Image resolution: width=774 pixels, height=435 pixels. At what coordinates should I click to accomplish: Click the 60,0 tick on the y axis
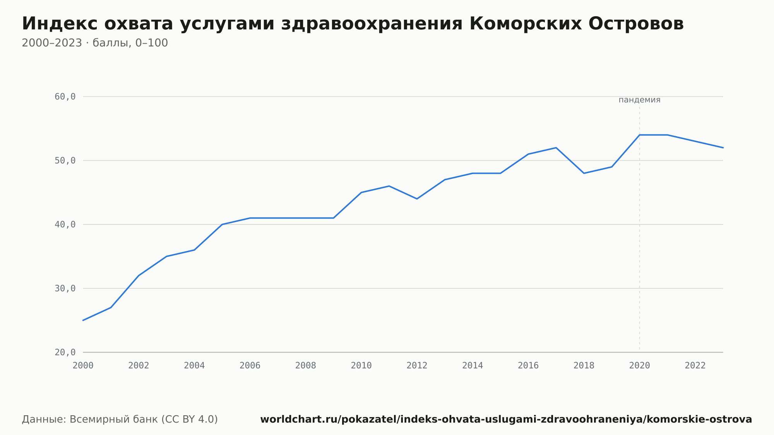pyautogui.click(x=65, y=97)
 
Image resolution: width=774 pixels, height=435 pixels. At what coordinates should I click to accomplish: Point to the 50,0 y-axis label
pyautogui.click(x=65, y=161)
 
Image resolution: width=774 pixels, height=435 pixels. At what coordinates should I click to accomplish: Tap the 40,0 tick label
pyautogui.click(x=65, y=224)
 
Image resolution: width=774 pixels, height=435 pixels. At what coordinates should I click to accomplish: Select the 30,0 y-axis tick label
pyautogui.click(x=65, y=288)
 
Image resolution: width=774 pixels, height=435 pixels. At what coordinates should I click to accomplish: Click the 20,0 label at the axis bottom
pyautogui.click(x=65, y=352)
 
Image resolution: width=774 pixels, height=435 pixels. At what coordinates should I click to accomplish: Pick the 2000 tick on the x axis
pyautogui.click(x=83, y=366)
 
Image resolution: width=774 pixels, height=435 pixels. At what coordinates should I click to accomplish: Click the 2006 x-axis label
pyautogui.click(x=250, y=366)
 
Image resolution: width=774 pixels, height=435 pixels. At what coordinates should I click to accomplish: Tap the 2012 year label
pyautogui.click(x=417, y=366)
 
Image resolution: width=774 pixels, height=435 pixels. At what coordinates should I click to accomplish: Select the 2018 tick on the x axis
pyautogui.click(x=584, y=366)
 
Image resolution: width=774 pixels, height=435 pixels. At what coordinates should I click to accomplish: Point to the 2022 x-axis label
pyautogui.click(x=695, y=366)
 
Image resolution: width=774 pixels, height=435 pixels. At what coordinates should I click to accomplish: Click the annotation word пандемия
pyautogui.click(x=639, y=100)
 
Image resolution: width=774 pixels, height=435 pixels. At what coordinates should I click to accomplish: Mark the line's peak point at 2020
pyautogui.click(x=640, y=135)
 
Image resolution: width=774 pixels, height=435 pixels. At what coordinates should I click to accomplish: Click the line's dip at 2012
pyautogui.click(x=417, y=199)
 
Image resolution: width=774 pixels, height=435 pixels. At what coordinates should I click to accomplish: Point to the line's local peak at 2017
pyautogui.click(x=556, y=147)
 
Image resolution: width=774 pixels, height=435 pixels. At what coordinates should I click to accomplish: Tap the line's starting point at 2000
pyautogui.click(x=83, y=320)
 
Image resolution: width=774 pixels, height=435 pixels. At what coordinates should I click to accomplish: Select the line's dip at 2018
pyautogui.click(x=584, y=173)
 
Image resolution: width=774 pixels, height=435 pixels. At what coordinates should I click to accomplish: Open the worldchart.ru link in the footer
pyautogui.click(x=506, y=419)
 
